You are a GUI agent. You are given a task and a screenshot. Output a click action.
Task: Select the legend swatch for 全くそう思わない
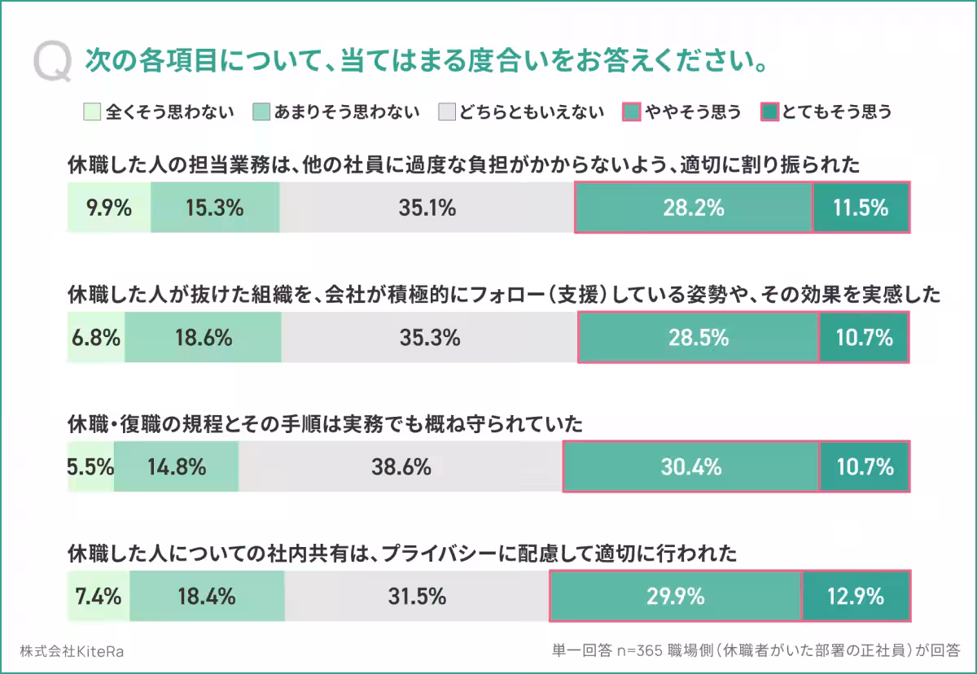92,112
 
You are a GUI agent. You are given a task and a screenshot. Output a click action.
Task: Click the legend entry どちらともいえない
522,112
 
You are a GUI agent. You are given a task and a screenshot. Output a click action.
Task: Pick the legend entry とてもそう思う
826,112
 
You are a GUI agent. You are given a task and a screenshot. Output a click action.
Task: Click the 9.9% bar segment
109,208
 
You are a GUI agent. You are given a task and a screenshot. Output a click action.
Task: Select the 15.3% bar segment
215,208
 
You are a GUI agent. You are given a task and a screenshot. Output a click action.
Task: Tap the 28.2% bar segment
694,208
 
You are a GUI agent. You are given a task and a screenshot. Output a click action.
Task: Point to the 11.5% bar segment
861,208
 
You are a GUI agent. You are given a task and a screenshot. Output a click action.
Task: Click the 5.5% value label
90,467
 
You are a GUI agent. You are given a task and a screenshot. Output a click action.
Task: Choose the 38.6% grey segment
401,467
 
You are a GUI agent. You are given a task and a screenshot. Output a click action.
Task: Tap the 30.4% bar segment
691,467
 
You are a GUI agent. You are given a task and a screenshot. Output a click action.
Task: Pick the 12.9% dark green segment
855,597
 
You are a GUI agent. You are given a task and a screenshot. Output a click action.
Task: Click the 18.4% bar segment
207,597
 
